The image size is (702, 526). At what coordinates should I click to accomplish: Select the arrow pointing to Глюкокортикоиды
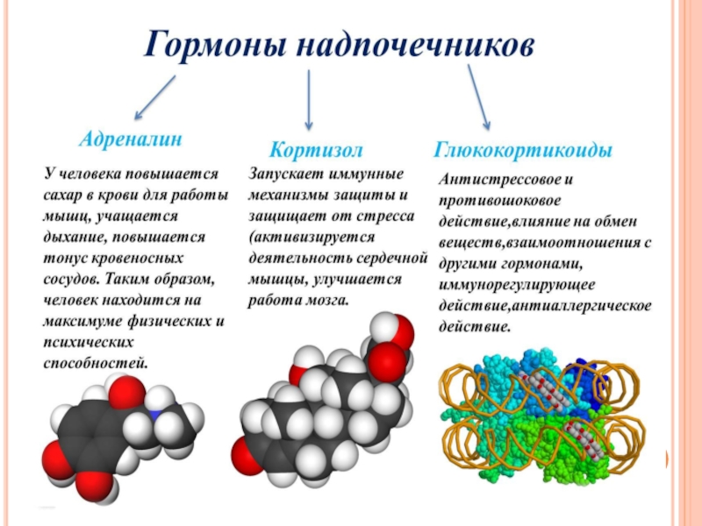point(478,97)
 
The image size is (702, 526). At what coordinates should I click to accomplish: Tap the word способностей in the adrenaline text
point(97,361)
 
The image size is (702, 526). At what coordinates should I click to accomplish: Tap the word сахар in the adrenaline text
point(64,195)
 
